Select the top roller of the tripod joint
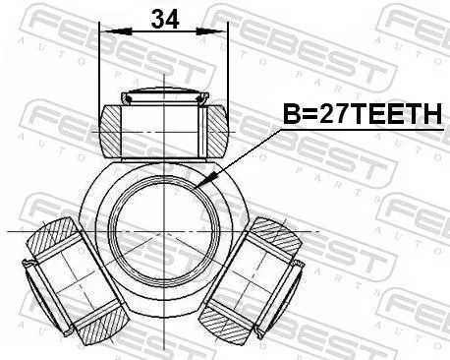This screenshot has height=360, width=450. coord(163,128)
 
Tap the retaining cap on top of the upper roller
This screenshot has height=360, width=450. coord(162,96)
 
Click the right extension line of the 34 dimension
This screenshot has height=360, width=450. coord(227,69)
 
